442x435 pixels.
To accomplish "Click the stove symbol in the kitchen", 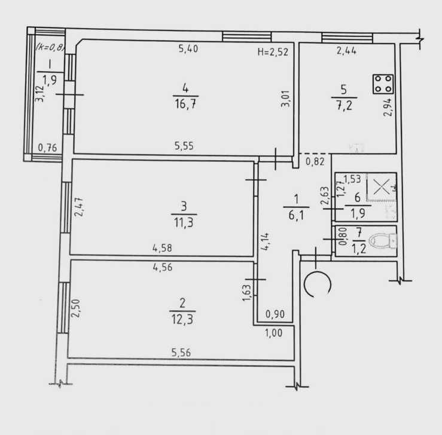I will (x=382, y=83).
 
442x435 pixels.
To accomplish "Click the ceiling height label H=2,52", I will (x=273, y=52).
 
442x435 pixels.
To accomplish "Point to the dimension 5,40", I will (x=188, y=49).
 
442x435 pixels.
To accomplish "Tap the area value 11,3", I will (x=183, y=224).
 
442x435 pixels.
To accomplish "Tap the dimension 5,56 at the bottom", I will (x=181, y=353).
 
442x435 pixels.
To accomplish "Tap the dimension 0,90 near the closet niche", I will (x=275, y=312).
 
